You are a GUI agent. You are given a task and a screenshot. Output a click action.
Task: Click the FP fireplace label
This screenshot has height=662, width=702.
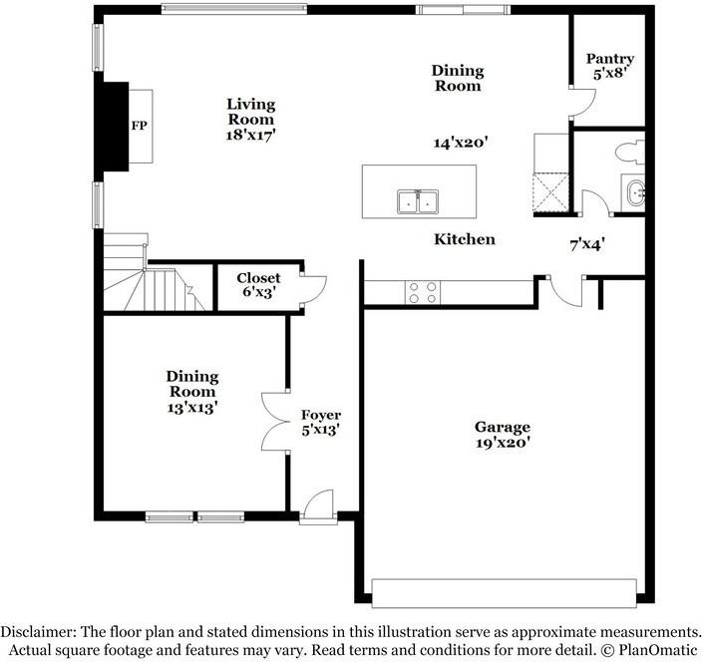pos(139,128)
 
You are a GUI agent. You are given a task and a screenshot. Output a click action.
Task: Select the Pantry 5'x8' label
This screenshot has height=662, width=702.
pos(609,67)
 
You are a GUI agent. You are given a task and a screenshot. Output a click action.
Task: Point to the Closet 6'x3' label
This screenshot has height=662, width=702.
pos(258,285)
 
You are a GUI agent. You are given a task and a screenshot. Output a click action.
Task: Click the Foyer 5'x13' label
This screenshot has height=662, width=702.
pos(321,423)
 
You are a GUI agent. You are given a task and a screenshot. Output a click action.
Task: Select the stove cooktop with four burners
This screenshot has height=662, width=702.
pos(422,291)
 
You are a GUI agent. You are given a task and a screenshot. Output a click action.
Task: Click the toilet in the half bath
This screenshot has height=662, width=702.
pos(627,153)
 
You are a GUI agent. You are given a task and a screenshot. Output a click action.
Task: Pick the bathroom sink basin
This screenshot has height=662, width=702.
pos(634,190)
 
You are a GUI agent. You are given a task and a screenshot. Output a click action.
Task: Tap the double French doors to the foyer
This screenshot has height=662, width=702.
pos(272,423)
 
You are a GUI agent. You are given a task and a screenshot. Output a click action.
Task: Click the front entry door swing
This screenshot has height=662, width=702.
pos(319,504)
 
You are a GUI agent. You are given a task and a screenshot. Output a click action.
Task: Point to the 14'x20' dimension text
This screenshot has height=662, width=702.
pos(459,143)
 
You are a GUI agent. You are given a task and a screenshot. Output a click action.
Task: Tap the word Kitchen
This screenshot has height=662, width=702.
pos(464,240)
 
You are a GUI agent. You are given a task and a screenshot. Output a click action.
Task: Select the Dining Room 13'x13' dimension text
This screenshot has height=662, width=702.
pos(191,406)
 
